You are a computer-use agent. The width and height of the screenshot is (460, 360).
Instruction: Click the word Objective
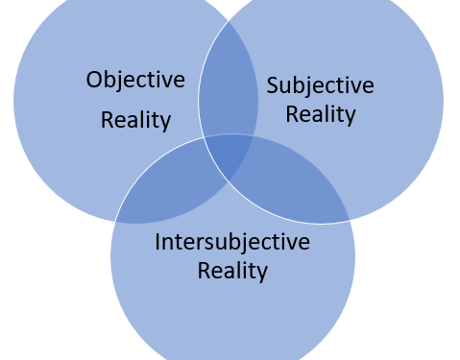click(135, 80)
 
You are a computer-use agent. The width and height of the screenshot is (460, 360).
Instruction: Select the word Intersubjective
click(232, 242)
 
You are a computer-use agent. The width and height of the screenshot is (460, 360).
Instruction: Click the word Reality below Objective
click(135, 121)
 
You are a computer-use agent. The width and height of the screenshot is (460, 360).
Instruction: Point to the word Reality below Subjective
click(321, 115)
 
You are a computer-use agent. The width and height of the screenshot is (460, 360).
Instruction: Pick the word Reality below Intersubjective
click(232, 271)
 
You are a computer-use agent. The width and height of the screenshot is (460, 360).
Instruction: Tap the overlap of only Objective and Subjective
click(229, 91)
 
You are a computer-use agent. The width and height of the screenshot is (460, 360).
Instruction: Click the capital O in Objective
click(94, 80)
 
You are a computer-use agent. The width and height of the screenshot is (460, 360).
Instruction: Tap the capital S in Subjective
click(272, 84)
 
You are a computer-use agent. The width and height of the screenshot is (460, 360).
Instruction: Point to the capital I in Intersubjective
click(157, 242)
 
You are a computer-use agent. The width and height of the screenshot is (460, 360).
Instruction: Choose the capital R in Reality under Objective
click(107, 121)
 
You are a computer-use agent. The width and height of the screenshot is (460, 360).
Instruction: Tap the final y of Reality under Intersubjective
click(262, 274)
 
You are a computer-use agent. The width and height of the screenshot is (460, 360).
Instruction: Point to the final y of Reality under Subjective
click(351, 118)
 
